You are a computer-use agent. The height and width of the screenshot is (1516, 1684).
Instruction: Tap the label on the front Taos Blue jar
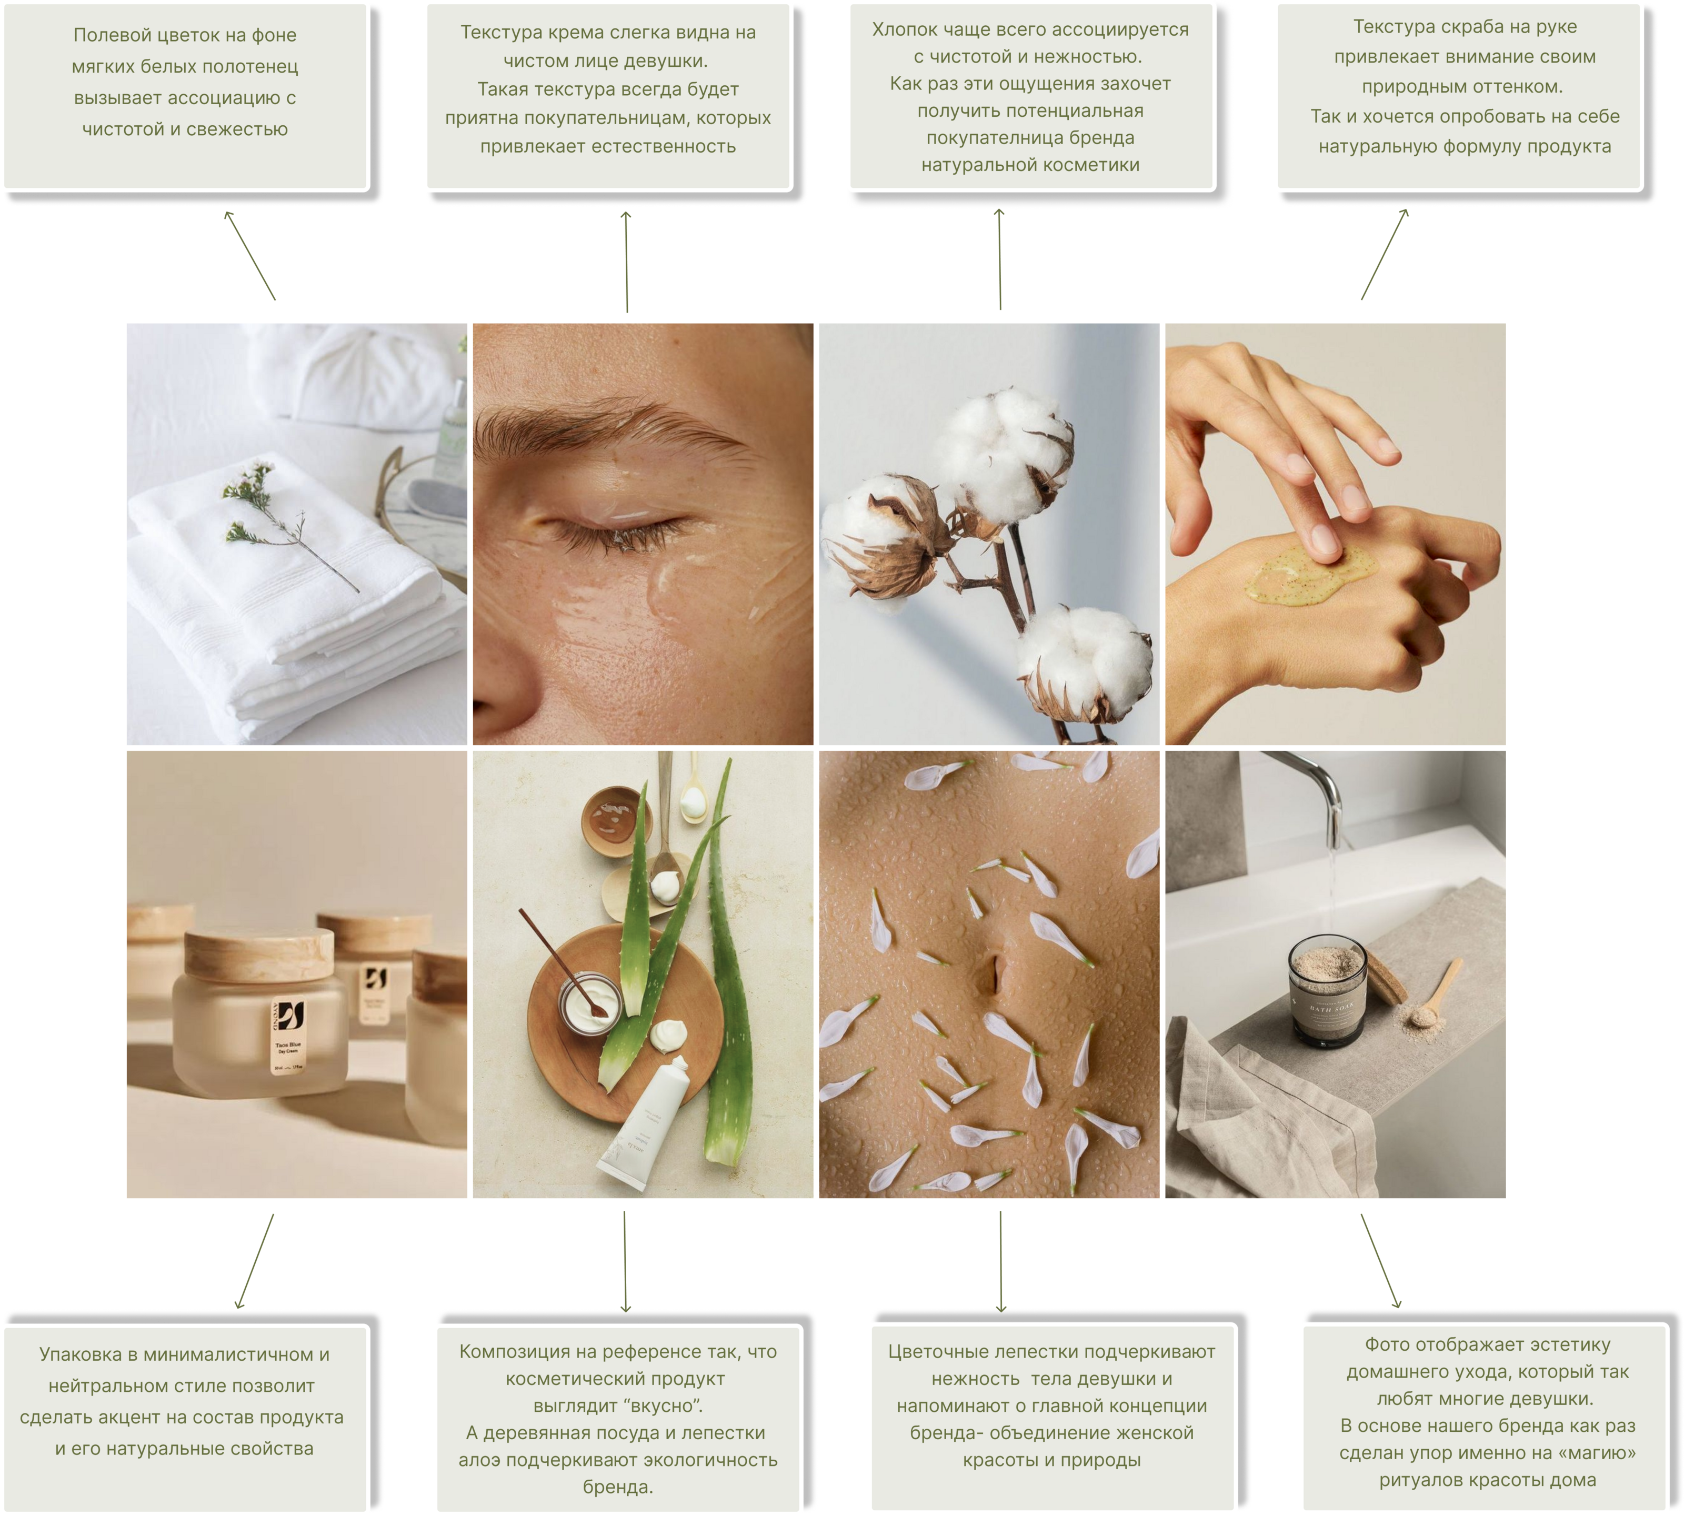pyautogui.click(x=289, y=1036)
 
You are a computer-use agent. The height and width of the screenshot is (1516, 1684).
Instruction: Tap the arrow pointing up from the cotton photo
pyautogui.click(x=999, y=259)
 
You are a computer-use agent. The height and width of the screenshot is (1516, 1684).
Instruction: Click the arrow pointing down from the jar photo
pyautogui.click(x=255, y=1261)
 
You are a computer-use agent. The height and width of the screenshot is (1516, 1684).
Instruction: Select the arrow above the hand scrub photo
pyautogui.click(x=1384, y=254)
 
